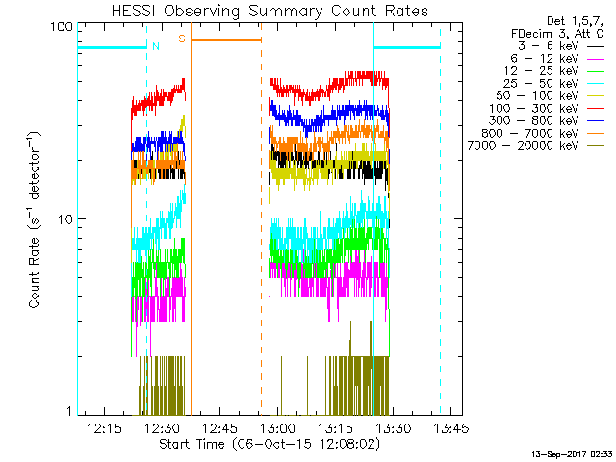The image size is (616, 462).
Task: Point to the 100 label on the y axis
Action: [x=63, y=26]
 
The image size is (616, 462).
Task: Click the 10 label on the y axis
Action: [x=65, y=219]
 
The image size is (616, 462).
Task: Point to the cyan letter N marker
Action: [x=156, y=44]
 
